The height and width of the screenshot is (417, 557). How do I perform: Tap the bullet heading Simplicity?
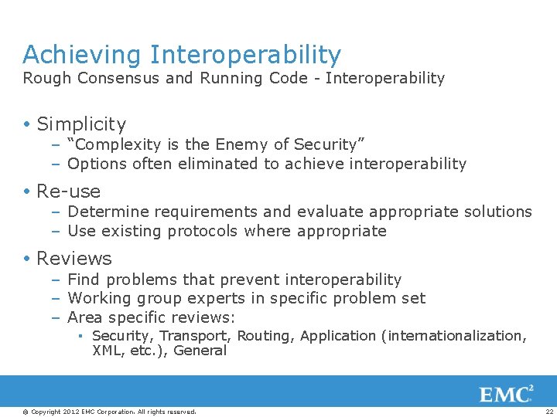pos(81,124)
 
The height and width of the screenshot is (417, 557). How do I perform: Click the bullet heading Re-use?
pos(69,191)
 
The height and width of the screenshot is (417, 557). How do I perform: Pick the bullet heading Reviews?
pos(74,258)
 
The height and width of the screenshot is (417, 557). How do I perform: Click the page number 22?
pos(548,411)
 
